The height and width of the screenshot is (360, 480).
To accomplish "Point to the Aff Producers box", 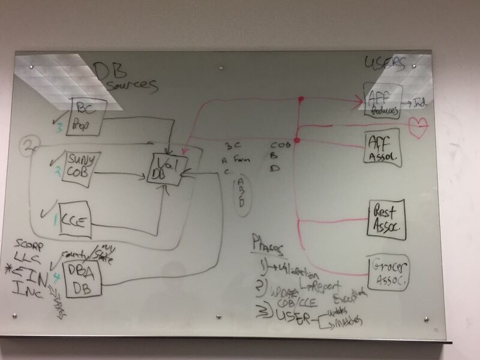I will [382, 101].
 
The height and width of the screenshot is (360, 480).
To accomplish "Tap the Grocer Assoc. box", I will [388, 273].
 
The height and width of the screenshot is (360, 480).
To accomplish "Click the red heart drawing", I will [418, 128].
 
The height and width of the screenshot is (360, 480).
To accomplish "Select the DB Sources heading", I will [124, 79].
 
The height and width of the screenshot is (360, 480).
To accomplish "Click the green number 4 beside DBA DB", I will [58, 277].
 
